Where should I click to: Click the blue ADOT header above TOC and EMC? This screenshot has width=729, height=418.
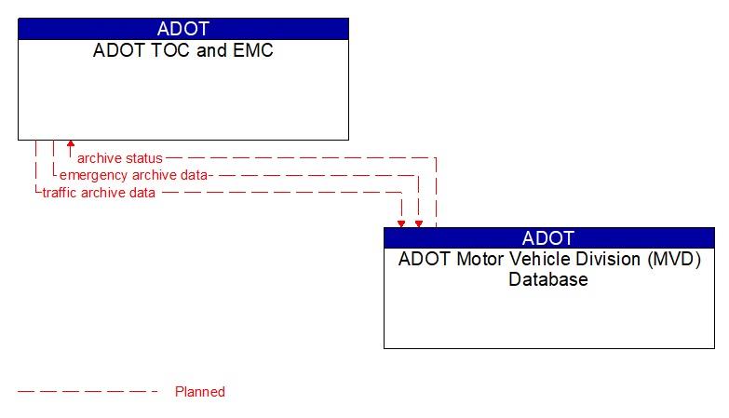pyautogui.click(x=183, y=29)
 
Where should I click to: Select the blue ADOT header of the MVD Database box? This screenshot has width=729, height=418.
pyautogui.click(x=548, y=237)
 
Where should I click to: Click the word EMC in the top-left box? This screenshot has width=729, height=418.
pyautogui.click(x=253, y=50)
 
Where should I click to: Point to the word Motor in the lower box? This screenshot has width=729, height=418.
pyautogui.click(x=480, y=260)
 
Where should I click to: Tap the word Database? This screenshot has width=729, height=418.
pyautogui.click(x=548, y=279)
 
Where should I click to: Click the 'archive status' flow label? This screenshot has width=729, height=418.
pyautogui.click(x=119, y=158)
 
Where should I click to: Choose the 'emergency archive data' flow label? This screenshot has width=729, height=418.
pyautogui.click(x=133, y=175)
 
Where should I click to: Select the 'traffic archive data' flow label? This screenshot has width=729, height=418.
pyautogui.click(x=99, y=193)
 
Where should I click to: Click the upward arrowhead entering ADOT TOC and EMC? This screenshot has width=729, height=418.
pyautogui.click(x=70, y=145)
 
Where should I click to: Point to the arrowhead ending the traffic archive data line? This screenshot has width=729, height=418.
pyautogui.click(x=401, y=223)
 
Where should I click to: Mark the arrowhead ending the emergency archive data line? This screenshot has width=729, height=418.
pyautogui.click(x=419, y=223)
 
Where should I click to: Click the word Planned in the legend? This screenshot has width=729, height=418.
pyautogui.click(x=200, y=392)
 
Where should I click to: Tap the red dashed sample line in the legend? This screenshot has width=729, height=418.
pyautogui.click(x=88, y=392)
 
